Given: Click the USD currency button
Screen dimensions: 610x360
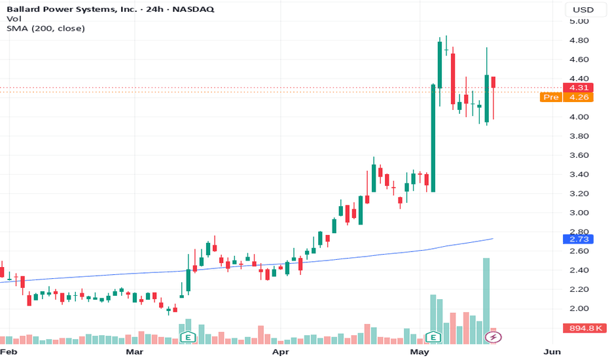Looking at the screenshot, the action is [583, 10].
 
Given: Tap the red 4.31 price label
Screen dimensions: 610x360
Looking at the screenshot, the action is [578, 88].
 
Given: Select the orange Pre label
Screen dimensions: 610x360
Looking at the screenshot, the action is [551, 97].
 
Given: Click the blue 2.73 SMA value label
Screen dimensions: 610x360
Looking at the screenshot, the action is [578, 239].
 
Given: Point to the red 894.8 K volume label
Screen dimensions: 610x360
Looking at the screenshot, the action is [585, 328].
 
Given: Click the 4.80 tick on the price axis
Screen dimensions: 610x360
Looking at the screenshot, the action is [579, 40].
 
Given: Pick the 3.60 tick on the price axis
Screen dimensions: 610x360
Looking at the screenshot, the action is [579, 155].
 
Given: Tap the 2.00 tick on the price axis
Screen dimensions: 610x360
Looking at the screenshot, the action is [579, 308].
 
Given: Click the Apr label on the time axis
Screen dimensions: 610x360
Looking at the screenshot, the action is [281, 352].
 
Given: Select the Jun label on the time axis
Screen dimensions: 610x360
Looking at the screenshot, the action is [552, 352].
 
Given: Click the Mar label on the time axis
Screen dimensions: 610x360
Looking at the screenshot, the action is [135, 352].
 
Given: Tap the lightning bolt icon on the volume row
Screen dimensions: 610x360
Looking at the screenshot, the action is [493, 337].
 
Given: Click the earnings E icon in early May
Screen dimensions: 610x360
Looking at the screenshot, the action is [433, 337].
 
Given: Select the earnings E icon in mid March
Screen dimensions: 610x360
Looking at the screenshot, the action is [188, 337].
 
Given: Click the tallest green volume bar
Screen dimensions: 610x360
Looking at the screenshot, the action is [486, 301].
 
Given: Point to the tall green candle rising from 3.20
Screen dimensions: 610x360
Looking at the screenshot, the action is [433, 137].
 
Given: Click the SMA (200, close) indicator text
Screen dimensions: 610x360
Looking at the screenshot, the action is [46, 28].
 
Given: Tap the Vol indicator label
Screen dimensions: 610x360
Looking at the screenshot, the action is [14, 19].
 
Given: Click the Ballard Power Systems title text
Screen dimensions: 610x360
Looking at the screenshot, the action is [72, 9].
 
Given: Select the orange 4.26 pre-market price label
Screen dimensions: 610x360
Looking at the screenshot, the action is [578, 97].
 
